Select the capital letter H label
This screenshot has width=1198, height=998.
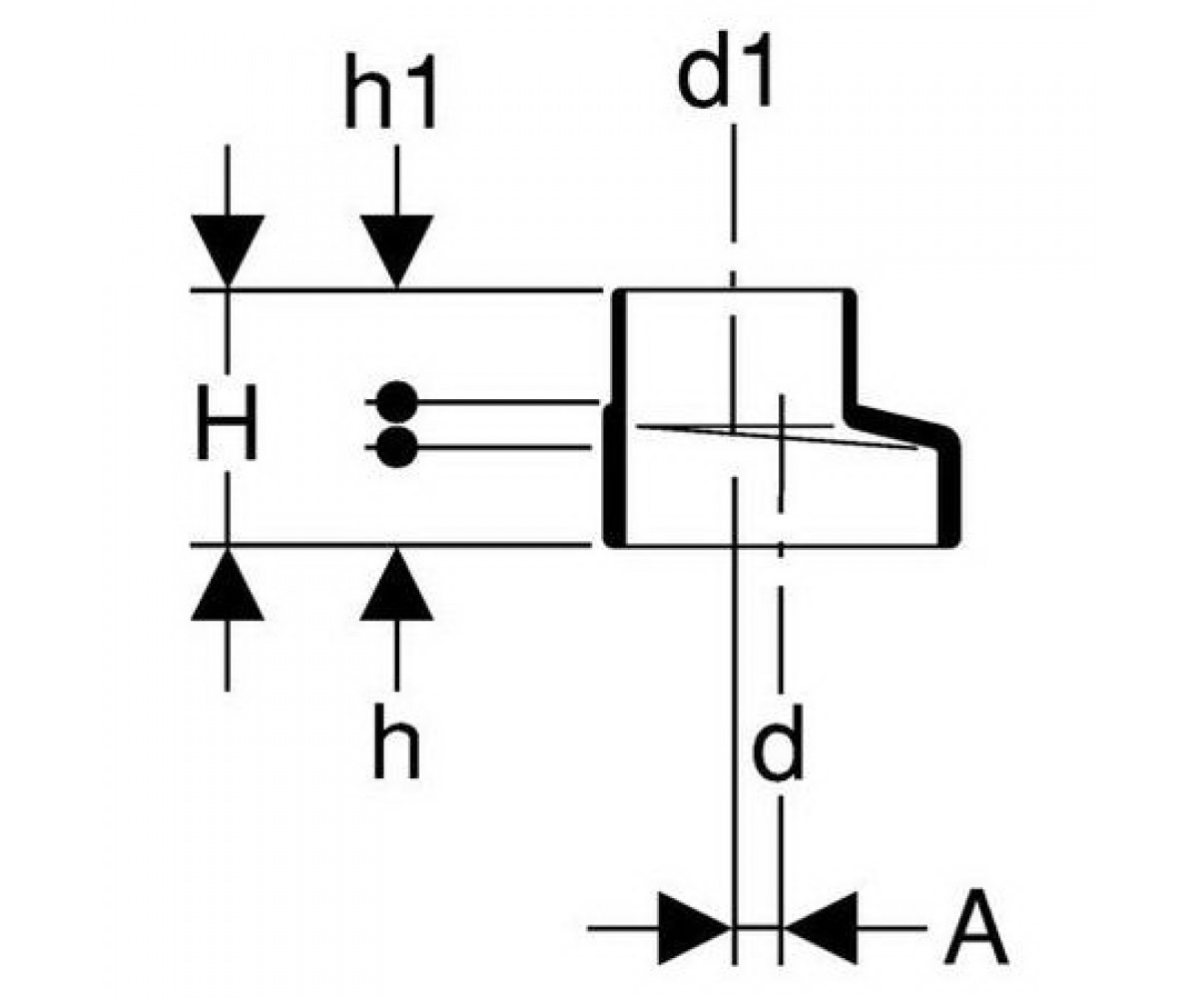[227, 422]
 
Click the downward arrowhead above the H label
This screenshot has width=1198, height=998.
[228, 250]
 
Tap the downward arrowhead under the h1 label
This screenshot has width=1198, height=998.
[396, 250]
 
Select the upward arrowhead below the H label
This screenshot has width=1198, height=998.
[228, 585]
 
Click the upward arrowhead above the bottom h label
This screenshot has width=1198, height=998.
[396, 585]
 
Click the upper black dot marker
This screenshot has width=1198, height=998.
[396, 401]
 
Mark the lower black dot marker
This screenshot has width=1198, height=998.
[396, 447]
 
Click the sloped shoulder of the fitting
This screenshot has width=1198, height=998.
[898, 423]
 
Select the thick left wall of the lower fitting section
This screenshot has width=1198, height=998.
[615, 476]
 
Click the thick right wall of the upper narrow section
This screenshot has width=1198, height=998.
[850, 351]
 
